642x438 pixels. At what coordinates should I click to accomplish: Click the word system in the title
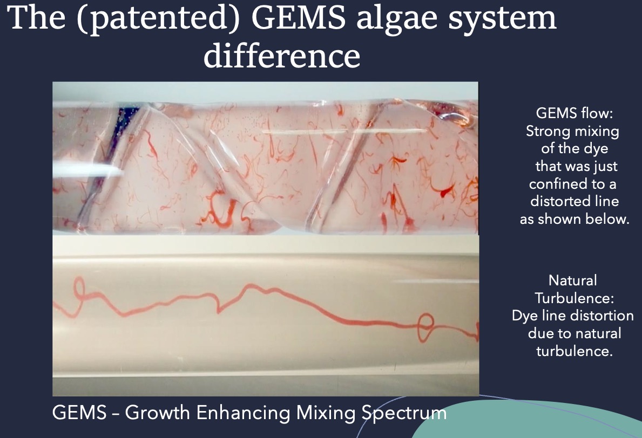502,20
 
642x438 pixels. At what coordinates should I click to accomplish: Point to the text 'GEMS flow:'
575,113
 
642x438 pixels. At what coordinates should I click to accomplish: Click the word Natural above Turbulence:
572,280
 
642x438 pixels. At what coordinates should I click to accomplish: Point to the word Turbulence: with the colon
574,298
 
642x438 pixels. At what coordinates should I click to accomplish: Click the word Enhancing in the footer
243,413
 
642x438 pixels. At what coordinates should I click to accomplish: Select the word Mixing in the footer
326,413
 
